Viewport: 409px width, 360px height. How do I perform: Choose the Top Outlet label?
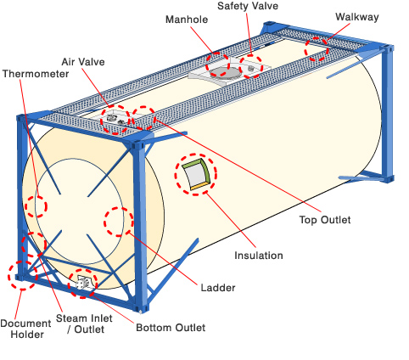click(x=325, y=220)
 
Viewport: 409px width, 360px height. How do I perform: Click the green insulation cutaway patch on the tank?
click(x=196, y=175)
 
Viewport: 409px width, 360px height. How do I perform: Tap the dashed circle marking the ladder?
click(x=118, y=220)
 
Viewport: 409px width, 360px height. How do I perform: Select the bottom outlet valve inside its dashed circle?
click(x=83, y=283)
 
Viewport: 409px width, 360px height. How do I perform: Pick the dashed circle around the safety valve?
click(x=252, y=65)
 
